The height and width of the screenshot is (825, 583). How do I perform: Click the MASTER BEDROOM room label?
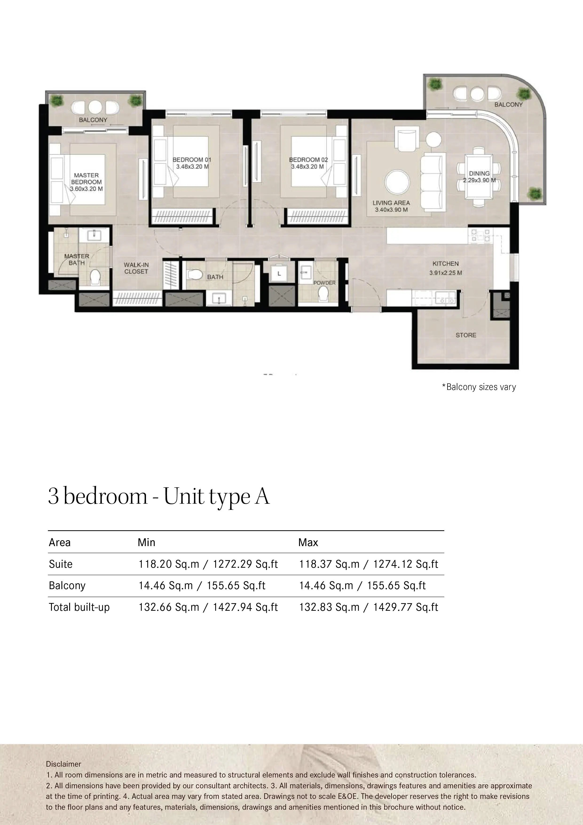(x=86, y=178)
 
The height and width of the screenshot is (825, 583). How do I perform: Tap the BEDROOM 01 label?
(x=192, y=159)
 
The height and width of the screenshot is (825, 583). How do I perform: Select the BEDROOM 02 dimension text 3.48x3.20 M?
(x=307, y=167)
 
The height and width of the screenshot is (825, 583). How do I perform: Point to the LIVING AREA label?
(x=391, y=203)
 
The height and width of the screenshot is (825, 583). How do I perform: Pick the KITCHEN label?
(x=445, y=263)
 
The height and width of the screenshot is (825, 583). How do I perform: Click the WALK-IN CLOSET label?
(x=136, y=268)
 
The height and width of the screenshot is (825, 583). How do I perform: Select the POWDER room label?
(x=324, y=283)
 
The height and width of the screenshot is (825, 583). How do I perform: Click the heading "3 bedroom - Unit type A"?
(x=159, y=497)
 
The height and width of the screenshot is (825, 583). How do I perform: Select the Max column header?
(x=308, y=542)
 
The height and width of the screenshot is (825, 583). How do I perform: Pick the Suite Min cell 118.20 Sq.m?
(x=169, y=564)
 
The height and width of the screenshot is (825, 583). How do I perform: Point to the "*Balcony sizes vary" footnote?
(x=479, y=387)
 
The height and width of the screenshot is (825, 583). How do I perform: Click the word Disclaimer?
(x=63, y=764)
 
